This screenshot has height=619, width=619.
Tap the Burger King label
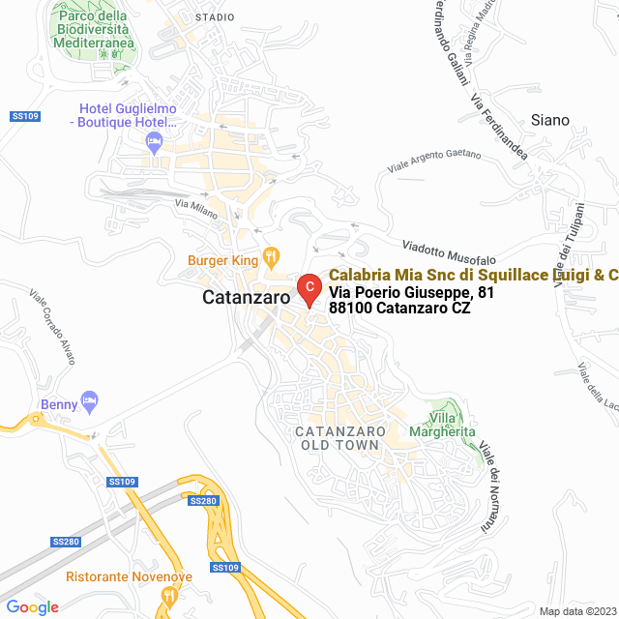[x=222, y=260]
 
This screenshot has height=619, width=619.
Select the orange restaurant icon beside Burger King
[x=271, y=258]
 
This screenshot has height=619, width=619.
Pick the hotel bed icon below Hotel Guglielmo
[x=153, y=143]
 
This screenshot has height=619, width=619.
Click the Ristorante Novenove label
[x=129, y=576]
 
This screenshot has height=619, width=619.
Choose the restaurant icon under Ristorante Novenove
[x=168, y=596]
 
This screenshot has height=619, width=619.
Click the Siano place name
[x=550, y=121]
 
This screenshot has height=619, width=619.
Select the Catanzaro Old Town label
[x=340, y=438]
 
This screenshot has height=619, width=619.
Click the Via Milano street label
[x=196, y=208]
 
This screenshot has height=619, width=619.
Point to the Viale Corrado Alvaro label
[x=52, y=328]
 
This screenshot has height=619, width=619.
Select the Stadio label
[x=214, y=17]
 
